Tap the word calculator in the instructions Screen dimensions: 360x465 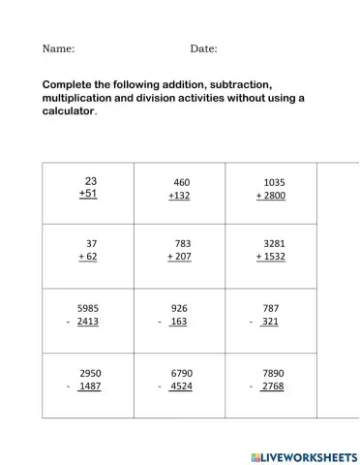pos(69,111)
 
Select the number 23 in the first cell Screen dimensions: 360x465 pos(91,180)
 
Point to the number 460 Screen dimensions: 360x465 pos(182,182)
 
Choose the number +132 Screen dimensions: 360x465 pos(179,196)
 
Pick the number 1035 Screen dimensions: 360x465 pos(274,182)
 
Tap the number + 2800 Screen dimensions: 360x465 pos(271,196)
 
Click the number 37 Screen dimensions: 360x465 pos(92,243)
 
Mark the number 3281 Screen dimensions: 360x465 pos(274,243)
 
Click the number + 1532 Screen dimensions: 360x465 pos(271,257)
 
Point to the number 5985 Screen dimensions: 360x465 pos(88,307)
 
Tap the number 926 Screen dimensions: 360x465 pos(178,307)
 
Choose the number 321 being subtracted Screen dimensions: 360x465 pos(270,321)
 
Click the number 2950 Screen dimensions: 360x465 pos(90,372)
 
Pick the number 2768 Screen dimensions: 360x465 pos(273,387)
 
